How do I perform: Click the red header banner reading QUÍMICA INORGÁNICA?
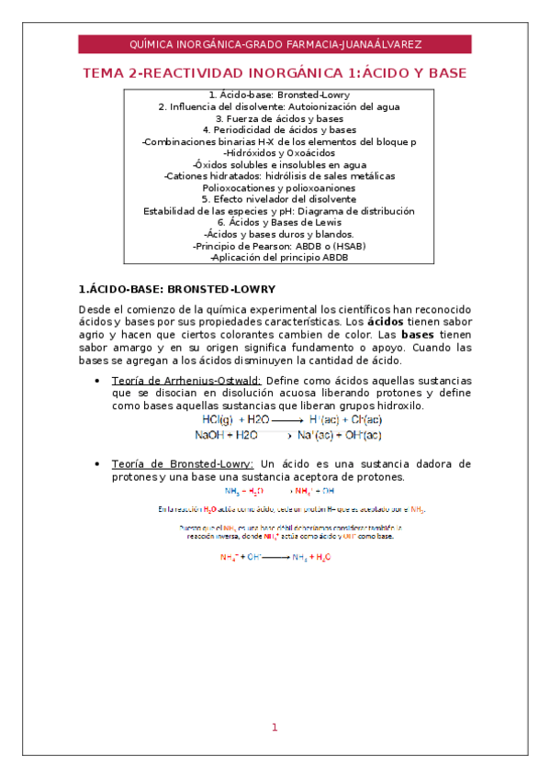pyautogui.click(x=275, y=44)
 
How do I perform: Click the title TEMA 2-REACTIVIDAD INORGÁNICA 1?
pyautogui.click(x=275, y=72)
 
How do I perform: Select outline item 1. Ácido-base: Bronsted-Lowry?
pyautogui.click(x=275, y=94)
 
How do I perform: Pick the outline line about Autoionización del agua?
pyautogui.click(x=275, y=106)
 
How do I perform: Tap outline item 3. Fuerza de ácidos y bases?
pyautogui.click(x=275, y=118)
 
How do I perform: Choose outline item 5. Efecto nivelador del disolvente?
pyautogui.click(x=275, y=199)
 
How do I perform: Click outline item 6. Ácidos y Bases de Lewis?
pyautogui.click(x=275, y=222)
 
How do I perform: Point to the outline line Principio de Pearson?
pyautogui.click(x=275, y=246)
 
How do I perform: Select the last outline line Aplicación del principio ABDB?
pyautogui.click(x=275, y=257)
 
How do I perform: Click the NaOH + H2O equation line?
pyautogui.click(x=287, y=434)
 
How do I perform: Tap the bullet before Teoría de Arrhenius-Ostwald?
pyautogui.click(x=97, y=381)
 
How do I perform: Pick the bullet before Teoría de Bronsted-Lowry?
pyautogui.click(x=97, y=463)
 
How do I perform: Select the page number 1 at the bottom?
pyautogui.click(x=274, y=728)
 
